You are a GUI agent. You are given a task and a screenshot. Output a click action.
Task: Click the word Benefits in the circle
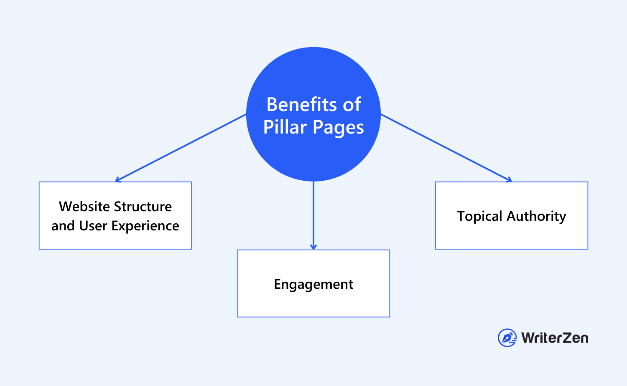tap(302, 104)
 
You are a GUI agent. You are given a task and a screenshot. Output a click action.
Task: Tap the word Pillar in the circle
tap(285, 127)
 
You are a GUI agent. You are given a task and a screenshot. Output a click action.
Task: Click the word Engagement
tap(313, 284)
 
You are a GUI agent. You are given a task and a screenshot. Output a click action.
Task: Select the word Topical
tap(479, 217)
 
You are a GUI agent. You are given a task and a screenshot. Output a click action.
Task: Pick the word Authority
tap(536, 216)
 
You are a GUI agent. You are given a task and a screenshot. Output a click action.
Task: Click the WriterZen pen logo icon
tap(507, 338)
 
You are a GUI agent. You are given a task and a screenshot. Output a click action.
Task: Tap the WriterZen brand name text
tap(555, 338)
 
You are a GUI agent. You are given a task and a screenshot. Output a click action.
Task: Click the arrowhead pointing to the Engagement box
tap(313, 247)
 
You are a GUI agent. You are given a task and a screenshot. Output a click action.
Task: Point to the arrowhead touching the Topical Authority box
tap(509, 180)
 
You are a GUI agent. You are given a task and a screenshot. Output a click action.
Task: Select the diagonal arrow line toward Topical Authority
tap(445, 147)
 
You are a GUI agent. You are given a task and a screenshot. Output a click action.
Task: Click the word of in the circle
tap(352, 104)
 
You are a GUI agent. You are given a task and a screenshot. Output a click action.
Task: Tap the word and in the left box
tap(63, 226)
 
